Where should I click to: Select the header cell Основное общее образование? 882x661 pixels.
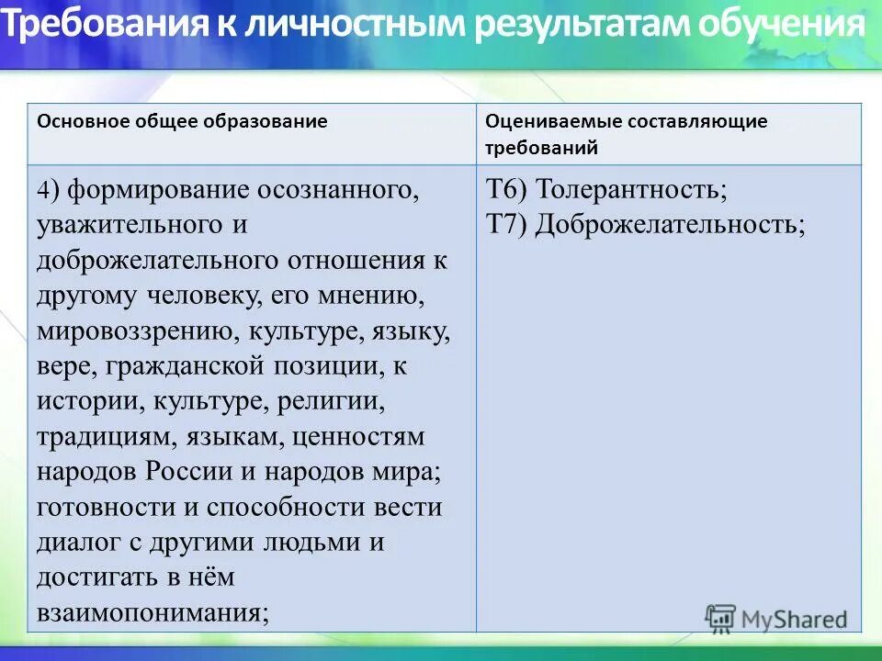tap(182, 121)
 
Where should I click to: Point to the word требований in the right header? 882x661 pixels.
tap(541, 147)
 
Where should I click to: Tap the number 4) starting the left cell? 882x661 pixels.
tap(48, 190)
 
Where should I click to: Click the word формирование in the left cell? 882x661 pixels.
tap(153, 190)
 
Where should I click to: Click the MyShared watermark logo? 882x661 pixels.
tap(776, 619)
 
